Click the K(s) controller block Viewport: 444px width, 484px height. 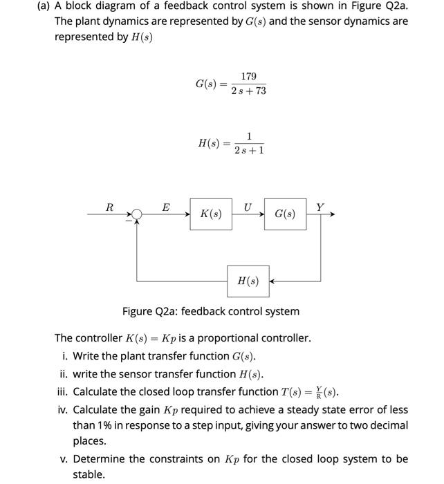point(211,214)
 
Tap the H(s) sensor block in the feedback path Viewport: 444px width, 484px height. point(248,281)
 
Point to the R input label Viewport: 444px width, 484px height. point(109,207)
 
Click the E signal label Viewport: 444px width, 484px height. point(165,207)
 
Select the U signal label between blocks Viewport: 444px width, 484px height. point(248,206)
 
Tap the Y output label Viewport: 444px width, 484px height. point(319,207)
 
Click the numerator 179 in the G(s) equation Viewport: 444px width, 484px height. point(249,76)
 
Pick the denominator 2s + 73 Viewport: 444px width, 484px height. point(249,91)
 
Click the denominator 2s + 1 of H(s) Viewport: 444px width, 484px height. point(249,150)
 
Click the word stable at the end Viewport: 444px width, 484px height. point(89,474)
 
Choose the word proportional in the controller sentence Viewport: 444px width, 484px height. point(227,338)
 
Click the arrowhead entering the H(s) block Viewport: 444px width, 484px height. point(273,281)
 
